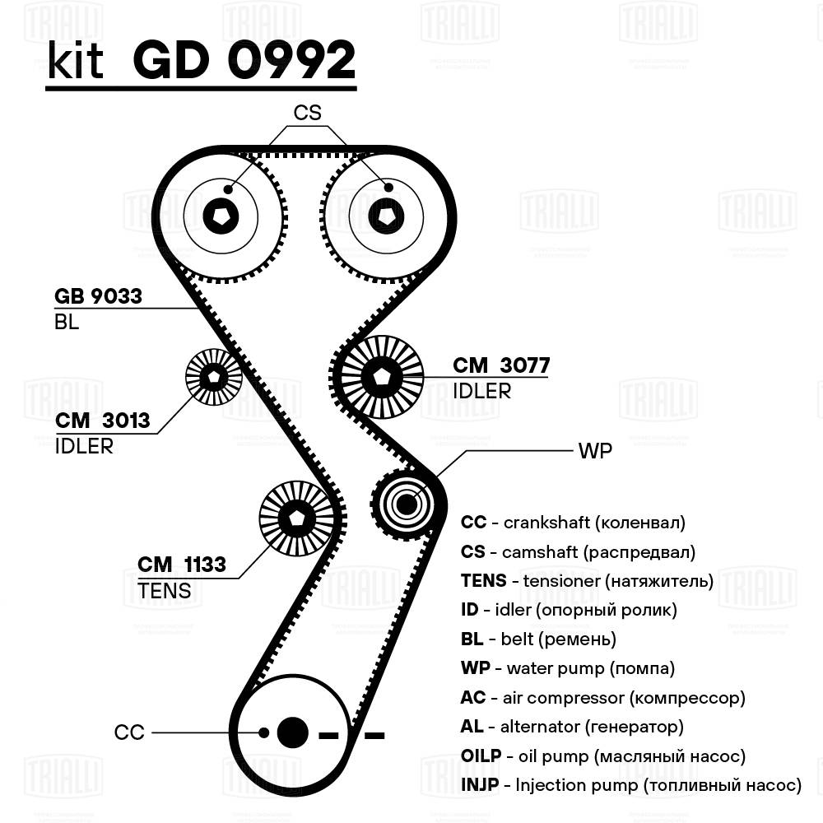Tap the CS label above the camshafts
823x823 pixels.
tap(307, 113)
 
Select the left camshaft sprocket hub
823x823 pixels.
tap(221, 216)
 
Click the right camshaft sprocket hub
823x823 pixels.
tap(385, 216)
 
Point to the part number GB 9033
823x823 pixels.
tap(98, 296)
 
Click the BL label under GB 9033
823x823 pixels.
tap(67, 323)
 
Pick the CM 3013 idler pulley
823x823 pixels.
tap(214, 377)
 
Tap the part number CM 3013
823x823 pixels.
tap(103, 421)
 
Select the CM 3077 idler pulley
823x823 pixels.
tap(381, 377)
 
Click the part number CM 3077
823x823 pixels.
tap(501, 365)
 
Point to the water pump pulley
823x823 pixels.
tap(404, 503)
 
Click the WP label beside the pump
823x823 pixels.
tap(595, 452)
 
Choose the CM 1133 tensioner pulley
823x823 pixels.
tap(296, 518)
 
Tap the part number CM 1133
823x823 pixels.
tap(181, 565)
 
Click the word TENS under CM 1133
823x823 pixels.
tap(165, 590)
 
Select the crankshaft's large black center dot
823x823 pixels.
tap(292, 732)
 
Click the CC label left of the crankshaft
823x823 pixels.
tap(129, 732)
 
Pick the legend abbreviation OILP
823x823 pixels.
tap(479, 756)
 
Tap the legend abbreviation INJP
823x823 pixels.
tap(480, 785)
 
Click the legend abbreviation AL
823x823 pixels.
tap(472, 727)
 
